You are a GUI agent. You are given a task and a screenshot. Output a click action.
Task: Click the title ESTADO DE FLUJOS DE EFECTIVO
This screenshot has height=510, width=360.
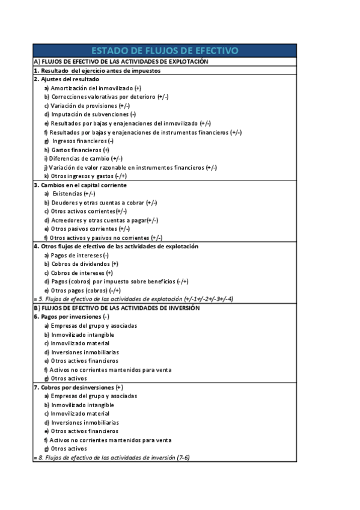coord(164,51)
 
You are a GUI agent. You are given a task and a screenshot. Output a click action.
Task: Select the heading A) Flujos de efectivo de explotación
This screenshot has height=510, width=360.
coord(121,61)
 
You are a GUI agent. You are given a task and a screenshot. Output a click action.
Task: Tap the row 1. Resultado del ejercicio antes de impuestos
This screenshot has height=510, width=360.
coord(97,70)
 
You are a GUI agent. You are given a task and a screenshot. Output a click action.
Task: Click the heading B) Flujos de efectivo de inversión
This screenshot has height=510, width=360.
coord(117,308)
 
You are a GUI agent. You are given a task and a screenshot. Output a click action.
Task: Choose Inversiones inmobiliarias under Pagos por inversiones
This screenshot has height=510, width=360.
coord(81,352)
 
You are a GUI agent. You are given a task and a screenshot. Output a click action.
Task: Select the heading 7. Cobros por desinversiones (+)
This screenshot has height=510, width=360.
coord(78,387)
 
